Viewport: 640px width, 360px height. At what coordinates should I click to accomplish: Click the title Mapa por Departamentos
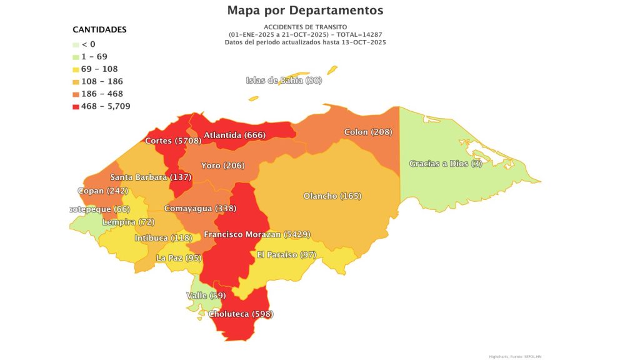coord(306,11)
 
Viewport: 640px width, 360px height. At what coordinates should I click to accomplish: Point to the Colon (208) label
coord(368,132)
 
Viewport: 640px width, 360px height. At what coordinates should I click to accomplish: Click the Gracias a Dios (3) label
coord(441,164)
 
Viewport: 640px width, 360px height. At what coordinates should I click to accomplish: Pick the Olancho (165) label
coord(332,196)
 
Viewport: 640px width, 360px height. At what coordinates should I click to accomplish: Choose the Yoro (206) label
coord(222,166)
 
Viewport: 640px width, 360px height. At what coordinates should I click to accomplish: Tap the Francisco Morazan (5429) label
coord(257,234)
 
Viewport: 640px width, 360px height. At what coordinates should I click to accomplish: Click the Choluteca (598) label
coord(241,314)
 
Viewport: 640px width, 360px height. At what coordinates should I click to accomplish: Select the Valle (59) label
coord(206,295)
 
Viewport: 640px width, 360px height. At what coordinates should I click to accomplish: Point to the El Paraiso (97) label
coord(287,255)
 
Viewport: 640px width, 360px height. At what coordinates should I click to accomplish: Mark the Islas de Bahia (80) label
coord(284,80)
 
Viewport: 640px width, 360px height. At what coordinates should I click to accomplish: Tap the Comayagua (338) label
coord(199,208)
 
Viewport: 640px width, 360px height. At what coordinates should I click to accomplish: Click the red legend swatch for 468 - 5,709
coord(76,106)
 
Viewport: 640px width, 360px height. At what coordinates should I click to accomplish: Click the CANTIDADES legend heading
coord(99,29)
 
